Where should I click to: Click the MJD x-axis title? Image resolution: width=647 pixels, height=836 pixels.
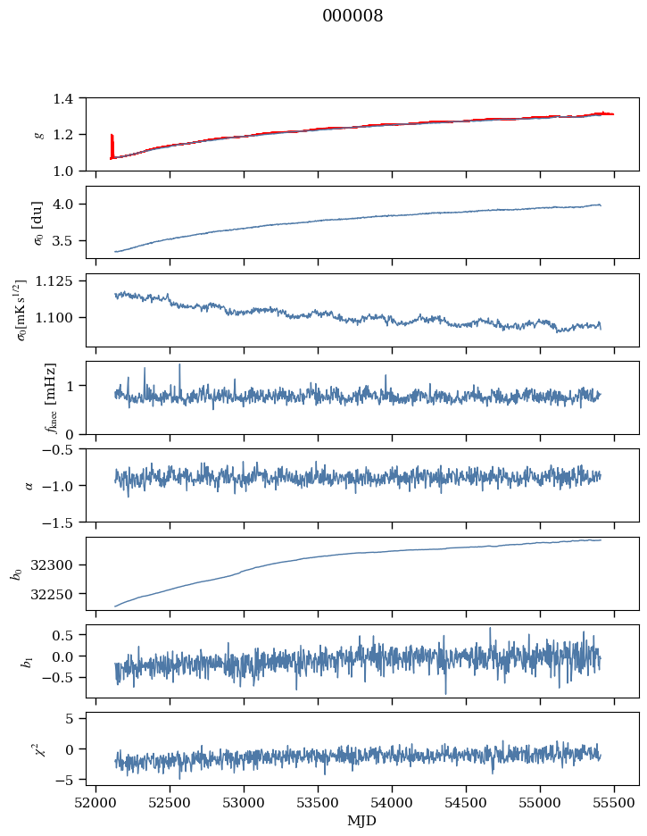tap(361, 820)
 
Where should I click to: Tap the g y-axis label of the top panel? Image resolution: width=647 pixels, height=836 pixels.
tap(38, 134)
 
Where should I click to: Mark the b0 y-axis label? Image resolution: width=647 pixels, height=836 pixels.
tap(16, 573)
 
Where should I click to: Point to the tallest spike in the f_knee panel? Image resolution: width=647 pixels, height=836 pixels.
tap(179, 365)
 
